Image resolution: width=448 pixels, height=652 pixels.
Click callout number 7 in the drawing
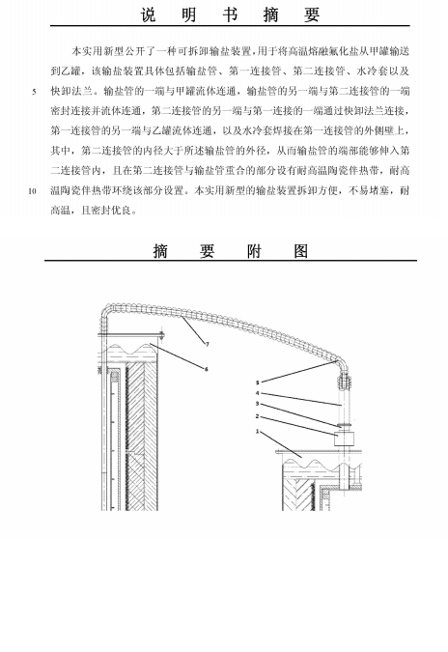click(207, 344)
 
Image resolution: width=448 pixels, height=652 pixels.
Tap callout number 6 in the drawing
click(206, 369)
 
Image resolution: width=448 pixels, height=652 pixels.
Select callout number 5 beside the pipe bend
click(258, 383)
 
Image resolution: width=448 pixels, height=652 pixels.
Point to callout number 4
click(258, 393)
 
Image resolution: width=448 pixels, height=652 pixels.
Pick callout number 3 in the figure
click(258, 404)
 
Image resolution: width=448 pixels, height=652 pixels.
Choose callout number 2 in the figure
click(257, 416)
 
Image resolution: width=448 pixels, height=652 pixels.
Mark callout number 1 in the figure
click(257, 432)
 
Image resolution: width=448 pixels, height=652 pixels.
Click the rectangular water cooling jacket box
click(345, 439)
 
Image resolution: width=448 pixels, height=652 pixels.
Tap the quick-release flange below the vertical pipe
click(345, 425)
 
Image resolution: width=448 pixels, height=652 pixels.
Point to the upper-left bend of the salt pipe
click(106, 311)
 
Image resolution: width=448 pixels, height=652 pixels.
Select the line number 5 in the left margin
click(35, 92)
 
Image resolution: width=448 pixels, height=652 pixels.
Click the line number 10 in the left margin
click(33, 191)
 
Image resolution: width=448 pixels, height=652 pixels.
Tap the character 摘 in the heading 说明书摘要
click(270, 14)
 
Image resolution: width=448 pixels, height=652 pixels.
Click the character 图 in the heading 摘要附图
click(300, 251)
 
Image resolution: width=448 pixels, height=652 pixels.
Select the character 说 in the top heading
click(149, 14)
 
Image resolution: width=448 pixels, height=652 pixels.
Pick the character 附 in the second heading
click(254, 251)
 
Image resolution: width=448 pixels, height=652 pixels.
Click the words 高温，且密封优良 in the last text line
click(94, 211)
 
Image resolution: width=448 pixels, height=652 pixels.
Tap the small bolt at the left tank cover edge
click(162, 334)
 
